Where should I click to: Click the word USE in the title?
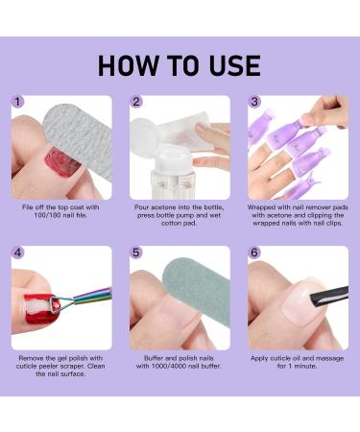(x=229, y=64)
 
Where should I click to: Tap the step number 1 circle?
(x=18, y=102)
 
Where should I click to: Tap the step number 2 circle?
(x=137, y=102)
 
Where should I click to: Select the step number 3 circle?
(x=254, y=102)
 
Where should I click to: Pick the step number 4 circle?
(x=18, y=253)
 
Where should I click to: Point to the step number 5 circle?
(x=137, y=253)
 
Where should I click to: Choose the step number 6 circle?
(x=254, y=253)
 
